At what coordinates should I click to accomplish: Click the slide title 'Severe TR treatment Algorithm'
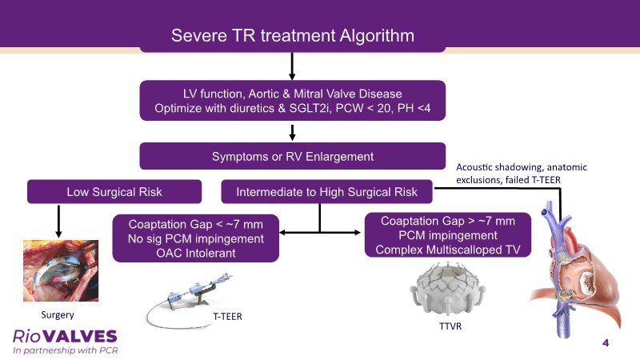pyautogui.click(x=293, y=35)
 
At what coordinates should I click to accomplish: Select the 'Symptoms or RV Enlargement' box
pyautogui.click(x=292, y=156)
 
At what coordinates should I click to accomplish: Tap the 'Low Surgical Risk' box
pyautogui.click(x=114, y=191)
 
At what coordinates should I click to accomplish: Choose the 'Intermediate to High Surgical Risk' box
pyautogui.click(x=326, y=191)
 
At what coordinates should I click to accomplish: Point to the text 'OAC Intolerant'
pyautogui.click(x=196, y=253)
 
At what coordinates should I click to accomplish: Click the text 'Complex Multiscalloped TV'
pyautogui.click(x=448, y=250)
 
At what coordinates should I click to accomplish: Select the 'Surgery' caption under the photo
pyautogui.click(x=58, y=314)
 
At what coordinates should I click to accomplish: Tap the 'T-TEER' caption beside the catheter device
pyautogui.click(x=227, y=316)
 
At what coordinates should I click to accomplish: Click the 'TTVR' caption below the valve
pyautogui.click(x=450, y=326)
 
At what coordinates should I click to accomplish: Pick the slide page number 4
pyautogui.click(x=606, y=343)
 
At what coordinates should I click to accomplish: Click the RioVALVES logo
pyautogui.click(x=65, y=336)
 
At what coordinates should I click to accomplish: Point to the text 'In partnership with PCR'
pyautogui.click(x=66, y=350)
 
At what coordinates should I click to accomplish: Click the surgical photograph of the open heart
pyautogui.click(x=61, y=270)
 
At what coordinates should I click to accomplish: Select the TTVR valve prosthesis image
pyautogui.click(x=448, y=290)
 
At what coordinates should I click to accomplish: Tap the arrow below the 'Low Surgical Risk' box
pyautogui.click(x=58, y=222)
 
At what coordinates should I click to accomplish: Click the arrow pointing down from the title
pyautogui.click(x=292, y=66)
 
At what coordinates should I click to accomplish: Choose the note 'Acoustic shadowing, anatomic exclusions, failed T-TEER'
pyautogui.click(x=522, y=173)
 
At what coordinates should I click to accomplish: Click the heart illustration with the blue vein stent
pyautogui.click(x=575, y=270)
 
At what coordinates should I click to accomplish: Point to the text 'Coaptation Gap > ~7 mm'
pyautogui.click(x=448, y=221)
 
